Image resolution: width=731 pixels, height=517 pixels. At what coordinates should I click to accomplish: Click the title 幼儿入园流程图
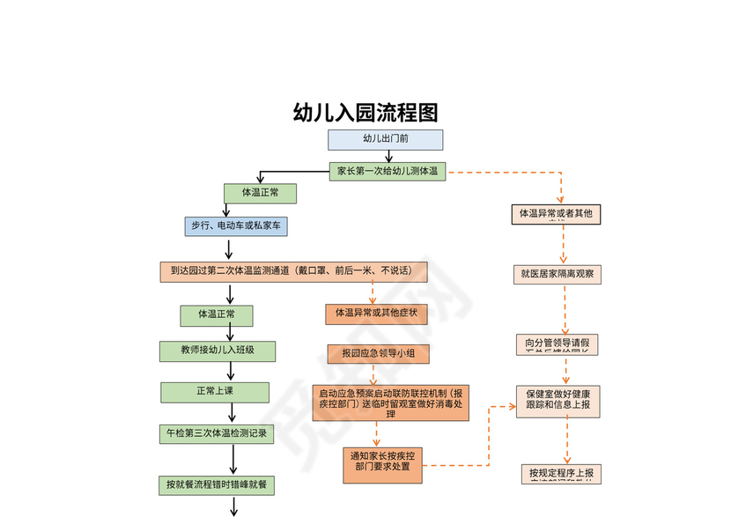click(365, 113)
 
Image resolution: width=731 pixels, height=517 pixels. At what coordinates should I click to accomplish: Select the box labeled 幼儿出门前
click(386, 139)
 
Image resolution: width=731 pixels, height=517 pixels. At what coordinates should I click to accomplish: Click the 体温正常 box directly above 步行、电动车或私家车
click(260, 192)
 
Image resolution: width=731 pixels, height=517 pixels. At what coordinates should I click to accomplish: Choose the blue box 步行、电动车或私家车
click(236, 226)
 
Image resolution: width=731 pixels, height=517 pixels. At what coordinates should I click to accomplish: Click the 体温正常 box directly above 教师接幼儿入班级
click(216, 314)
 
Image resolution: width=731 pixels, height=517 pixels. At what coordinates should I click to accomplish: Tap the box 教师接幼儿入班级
click(218, 351)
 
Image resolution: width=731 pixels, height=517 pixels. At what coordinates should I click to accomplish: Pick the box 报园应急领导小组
click(379, 354)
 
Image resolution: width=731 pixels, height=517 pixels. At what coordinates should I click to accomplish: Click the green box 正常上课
click(215, 391)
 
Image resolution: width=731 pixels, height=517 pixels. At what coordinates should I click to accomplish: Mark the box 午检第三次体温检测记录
click(217, 433)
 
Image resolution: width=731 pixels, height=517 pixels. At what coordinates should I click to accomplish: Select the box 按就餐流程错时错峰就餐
click(216, 484)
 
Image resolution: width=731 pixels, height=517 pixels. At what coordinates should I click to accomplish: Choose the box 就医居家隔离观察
click(557, 274)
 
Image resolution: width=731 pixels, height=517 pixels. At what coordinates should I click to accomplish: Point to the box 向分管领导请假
click(557, 343)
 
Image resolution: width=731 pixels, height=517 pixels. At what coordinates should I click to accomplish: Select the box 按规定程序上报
click(561, 474)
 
